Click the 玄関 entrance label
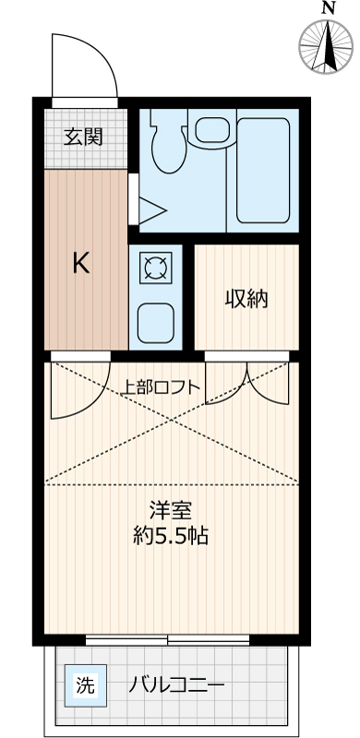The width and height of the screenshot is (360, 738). click(83, 138)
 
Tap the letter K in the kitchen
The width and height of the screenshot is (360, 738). click(81, 265)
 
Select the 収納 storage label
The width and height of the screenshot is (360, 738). click(246, 299)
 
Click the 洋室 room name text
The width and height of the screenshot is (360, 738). click(172, 508)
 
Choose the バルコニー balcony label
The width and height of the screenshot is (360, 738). click(176, 685)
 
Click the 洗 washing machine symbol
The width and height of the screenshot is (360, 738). click(86, 685)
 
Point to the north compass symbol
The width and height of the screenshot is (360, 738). click(328, 45)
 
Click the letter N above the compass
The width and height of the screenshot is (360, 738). click(328, 8)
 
